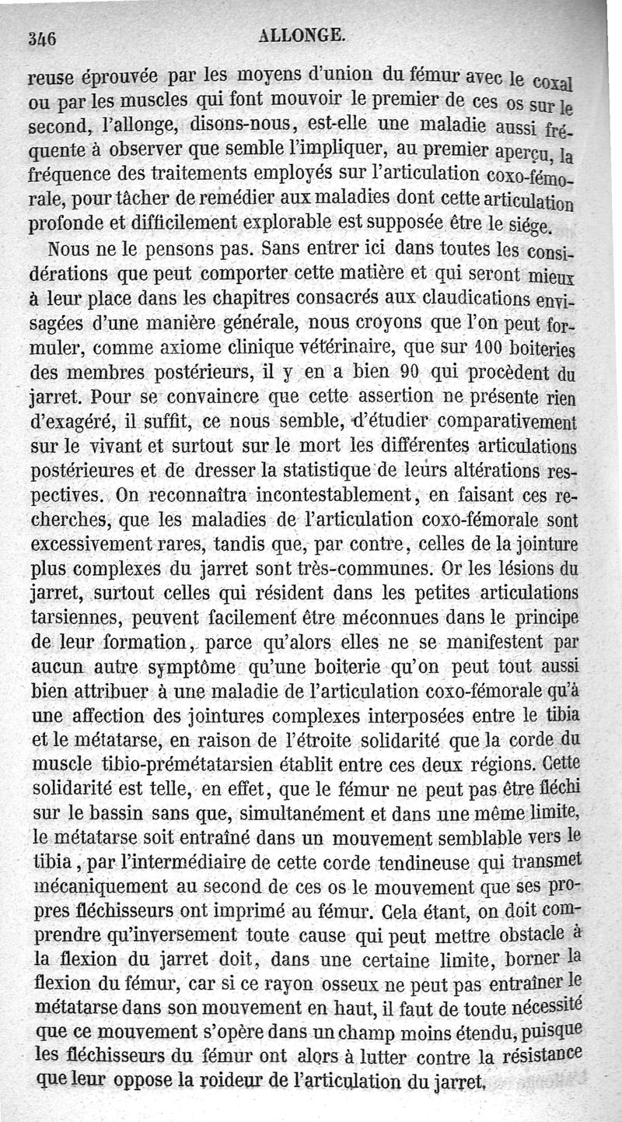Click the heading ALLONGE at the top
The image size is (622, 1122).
coord(302,34)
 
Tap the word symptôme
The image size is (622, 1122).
coord(198,668)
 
